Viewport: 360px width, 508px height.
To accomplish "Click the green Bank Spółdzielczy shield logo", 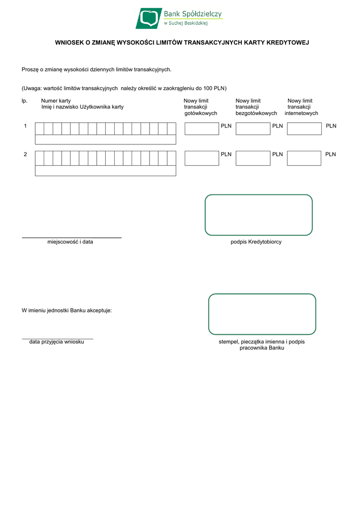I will tap(148, 18).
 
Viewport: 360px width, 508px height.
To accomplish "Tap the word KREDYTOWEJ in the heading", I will tap(288, 43).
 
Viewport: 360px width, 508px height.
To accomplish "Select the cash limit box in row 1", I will tap(202, 129).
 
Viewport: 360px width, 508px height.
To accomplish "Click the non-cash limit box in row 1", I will tap(253, 129).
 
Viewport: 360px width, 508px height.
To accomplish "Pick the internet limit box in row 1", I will tap(304, 129).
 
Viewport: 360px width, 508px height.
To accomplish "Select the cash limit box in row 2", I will tap(202, 158).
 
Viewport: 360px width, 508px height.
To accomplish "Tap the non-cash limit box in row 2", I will tap(253, 158).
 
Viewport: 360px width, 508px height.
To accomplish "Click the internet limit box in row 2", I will tap(304, 158).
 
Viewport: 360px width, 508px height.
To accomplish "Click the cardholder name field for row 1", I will tap(105, 140).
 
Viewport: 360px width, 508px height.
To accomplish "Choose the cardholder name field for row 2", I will tap(105, 171).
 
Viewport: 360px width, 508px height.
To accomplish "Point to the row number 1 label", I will tap(25, 126).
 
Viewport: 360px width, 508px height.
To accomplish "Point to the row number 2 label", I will tap(25, 154).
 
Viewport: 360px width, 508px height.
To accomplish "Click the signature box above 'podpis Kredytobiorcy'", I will tap(259, 215).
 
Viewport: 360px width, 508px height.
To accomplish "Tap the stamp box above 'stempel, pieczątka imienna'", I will tap(262, 314).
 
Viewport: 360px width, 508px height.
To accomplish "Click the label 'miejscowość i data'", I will tap(70, 242).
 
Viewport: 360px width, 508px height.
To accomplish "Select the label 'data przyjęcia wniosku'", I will tap(57, 342).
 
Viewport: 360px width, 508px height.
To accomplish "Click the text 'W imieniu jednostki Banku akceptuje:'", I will tap(67, 311).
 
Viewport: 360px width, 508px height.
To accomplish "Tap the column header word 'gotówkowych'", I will tap(201, 114).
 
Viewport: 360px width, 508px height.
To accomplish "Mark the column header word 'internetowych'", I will tap(301, 114).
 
